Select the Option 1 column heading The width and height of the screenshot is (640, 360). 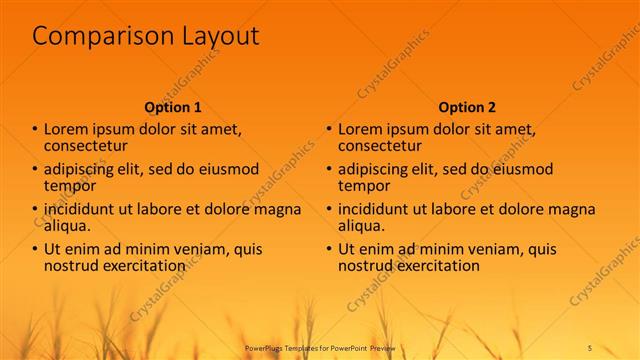[173, 107]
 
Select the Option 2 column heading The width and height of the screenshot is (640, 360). [467, 107]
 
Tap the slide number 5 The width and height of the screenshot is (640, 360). [590, 346]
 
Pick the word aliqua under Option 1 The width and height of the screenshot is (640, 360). [68, 226]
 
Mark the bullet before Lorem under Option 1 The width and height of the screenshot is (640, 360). [35, 130]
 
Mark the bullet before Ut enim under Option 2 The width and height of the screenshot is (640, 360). [328, 250]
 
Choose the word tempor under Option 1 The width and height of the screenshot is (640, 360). [70, 186]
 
